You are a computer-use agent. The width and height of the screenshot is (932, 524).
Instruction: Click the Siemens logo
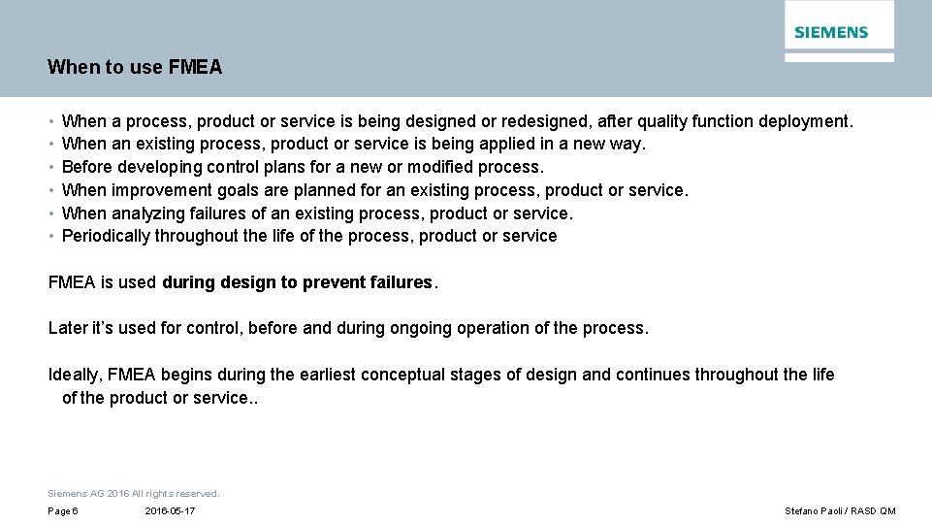coord(831,32)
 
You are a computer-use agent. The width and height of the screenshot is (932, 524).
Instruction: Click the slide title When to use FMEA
coord(135,68)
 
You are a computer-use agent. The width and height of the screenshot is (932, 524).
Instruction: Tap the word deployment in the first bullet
coord(804,122)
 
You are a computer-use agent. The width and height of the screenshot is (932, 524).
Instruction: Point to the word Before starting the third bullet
coord(87,167)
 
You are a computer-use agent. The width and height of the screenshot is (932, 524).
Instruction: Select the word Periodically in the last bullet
coord(106,236)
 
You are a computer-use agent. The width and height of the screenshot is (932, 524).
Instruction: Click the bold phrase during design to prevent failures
coord(297,282)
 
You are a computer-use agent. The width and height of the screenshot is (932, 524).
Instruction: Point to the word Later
coord(68,328)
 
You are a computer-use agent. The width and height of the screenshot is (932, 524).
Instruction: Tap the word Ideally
coord(76,375)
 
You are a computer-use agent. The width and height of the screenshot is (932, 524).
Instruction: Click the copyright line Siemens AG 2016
coord(134,494)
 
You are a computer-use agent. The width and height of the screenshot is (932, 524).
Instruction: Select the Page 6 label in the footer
coord(63,511)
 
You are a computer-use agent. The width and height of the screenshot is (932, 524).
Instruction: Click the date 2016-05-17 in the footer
coord(170,511)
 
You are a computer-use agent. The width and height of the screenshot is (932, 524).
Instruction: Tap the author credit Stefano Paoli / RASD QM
coord(840,511)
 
